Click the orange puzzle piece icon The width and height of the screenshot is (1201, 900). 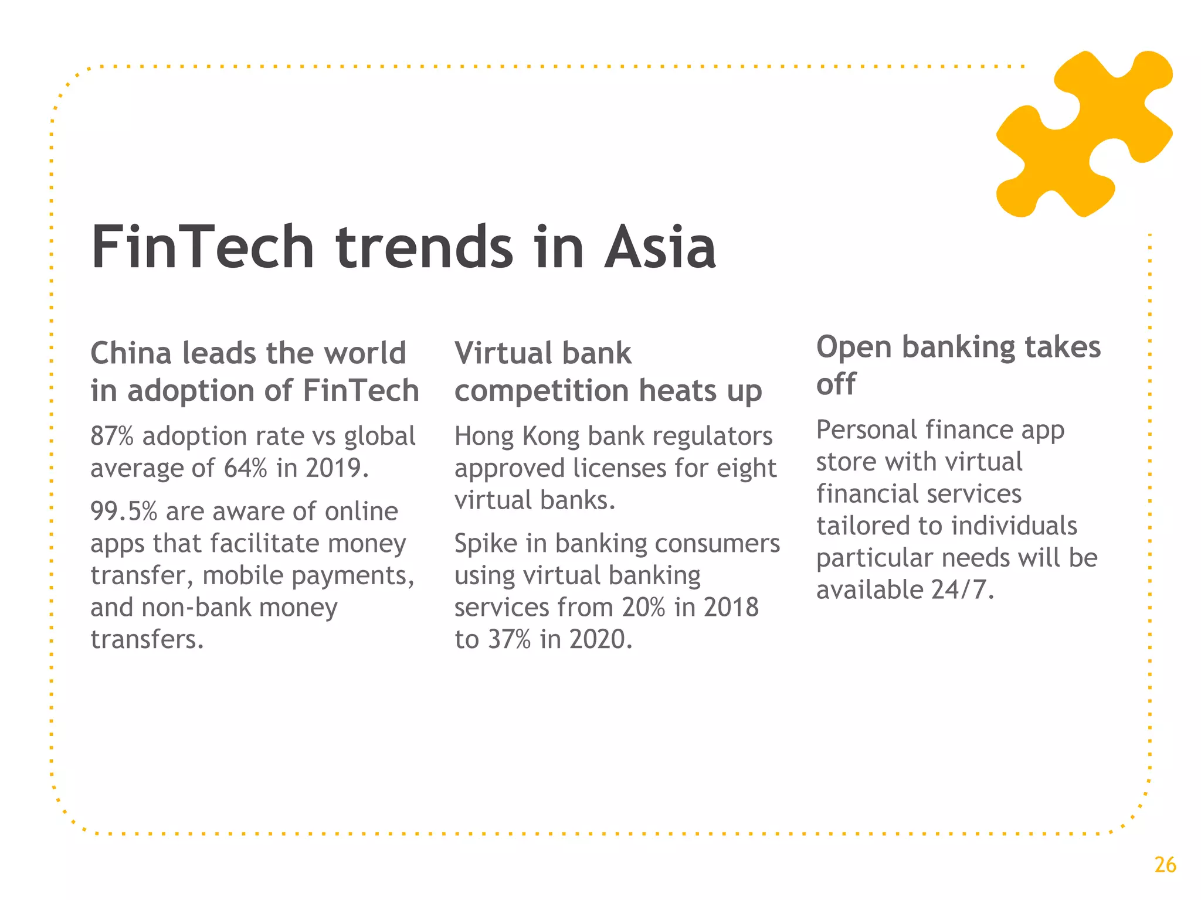[1084, 134]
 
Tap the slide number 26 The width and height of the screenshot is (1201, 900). [1165, 865]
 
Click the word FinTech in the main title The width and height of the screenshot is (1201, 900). [202, 248]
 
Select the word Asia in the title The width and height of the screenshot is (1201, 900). [660, 248]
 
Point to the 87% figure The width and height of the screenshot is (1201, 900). [112, 437]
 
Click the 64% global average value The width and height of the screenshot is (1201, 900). [245, 468]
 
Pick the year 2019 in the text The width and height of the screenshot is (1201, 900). [337, 468]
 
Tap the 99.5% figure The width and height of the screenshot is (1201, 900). [124, 512]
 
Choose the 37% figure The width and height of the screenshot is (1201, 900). [509, 639]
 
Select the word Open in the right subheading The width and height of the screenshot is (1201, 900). [854, 347]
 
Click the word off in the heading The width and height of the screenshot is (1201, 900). [836, 384]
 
